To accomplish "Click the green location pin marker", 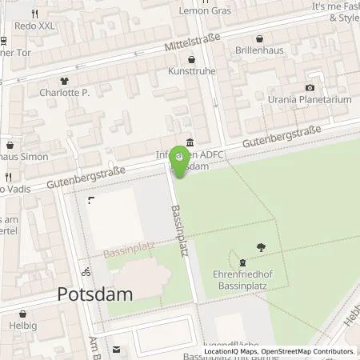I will coord(180,161).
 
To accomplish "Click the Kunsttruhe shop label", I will coord(191,72).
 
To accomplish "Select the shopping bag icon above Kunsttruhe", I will coord(190,59).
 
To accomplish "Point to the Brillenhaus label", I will coord(260,50).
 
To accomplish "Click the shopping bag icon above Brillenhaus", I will coord(260,38).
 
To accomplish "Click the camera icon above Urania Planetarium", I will coord(310,88).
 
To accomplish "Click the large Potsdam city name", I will coord(95,294).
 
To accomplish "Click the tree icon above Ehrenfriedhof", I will coord(260,247).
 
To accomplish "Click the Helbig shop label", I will coord(23,326).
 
